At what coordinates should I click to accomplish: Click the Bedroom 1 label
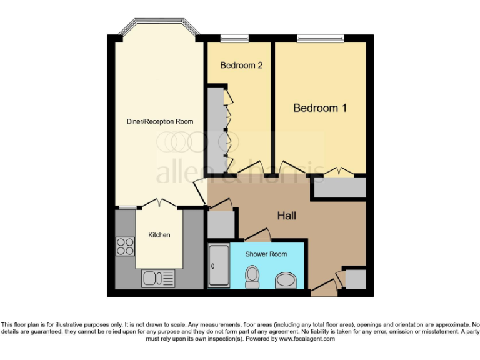point(320,108)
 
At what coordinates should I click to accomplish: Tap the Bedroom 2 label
point(241,65)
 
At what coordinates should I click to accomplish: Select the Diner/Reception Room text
point(160,121)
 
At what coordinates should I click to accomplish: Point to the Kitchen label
point(159,235)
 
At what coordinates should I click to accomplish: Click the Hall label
point(286,216)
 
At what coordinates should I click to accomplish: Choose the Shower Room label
point(266,254)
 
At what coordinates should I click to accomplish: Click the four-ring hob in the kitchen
point(125,247)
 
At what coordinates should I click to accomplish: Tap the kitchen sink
point(159,278)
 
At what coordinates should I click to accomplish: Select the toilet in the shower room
point(252,276)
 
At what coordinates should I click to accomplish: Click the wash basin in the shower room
point(287,280)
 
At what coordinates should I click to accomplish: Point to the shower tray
point(219,266)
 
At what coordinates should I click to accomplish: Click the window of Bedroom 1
point(320,38)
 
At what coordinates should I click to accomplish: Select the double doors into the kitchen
point(159,203)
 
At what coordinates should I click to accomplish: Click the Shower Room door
point(257,235)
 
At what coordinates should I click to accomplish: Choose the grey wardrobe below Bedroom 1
point(339,188)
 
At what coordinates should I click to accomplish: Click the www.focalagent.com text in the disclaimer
point(304,339)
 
